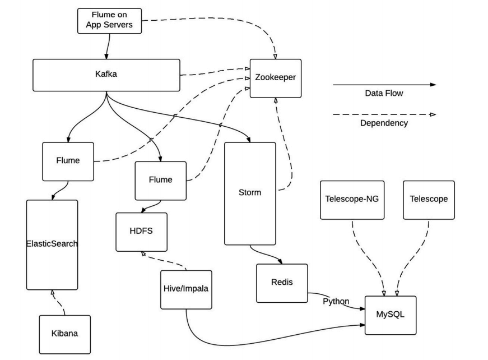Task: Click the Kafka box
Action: [106, 75]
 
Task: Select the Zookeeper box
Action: [275, 79]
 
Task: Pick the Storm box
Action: [250, 193]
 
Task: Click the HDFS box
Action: [141, 232]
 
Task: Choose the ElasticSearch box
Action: [52, 244]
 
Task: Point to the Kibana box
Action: [64, 334]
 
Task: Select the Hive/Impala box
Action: [186, 289]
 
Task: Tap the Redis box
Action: [281, 283]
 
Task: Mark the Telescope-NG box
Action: [352, 199]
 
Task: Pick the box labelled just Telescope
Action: [429, 199]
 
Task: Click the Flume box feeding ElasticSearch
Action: [68, 161]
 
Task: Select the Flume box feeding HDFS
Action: [160, 181]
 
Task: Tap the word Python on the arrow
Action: [336, 302]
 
